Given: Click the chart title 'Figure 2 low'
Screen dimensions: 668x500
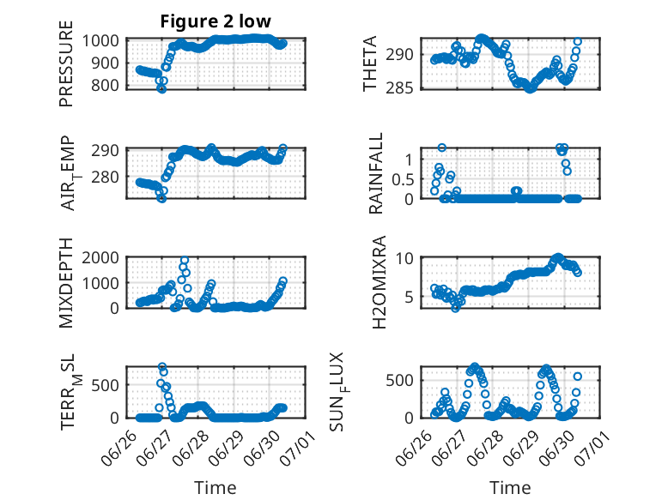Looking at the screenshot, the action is (216, 21).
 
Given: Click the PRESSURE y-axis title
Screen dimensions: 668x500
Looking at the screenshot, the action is (66, 63).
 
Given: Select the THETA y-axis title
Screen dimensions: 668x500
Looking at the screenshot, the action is (370, 63).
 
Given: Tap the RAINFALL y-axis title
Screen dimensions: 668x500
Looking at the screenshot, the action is (376, 173).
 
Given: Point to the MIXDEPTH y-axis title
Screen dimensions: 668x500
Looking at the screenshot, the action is (66, 283).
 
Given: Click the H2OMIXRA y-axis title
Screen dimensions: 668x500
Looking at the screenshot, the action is (379, 282).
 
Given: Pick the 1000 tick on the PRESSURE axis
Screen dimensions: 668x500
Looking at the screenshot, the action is (100, 41).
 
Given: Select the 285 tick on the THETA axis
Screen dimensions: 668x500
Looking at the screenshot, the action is (399, 88).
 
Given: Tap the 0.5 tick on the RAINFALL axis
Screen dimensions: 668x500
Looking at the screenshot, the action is (403, 179).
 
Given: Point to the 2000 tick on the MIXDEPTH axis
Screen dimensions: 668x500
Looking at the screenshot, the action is (100, 257).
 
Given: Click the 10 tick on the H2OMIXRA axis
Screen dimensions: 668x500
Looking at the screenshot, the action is (404, 258).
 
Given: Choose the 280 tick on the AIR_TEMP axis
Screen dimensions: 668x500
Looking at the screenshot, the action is (105, 177).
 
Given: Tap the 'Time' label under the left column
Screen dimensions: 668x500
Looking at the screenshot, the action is (216, 487).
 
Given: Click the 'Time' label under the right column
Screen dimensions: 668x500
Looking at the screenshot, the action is (510, 487).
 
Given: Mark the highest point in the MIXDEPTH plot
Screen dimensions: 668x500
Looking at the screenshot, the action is (185, 260).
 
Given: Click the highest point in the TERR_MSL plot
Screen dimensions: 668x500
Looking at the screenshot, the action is (162, 366).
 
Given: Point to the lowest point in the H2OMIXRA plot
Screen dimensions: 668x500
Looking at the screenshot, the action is (455, 308).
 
